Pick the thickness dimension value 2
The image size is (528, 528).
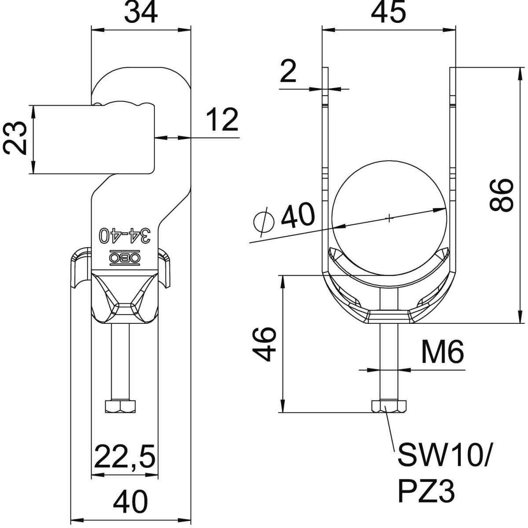pos(288,73)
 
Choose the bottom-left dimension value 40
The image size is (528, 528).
pos(131,502)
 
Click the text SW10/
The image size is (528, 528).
pos(444,456)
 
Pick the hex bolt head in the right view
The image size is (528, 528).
pos(389,406)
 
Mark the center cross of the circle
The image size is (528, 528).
pos(389,217)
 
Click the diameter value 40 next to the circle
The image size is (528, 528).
pos(298,216)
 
